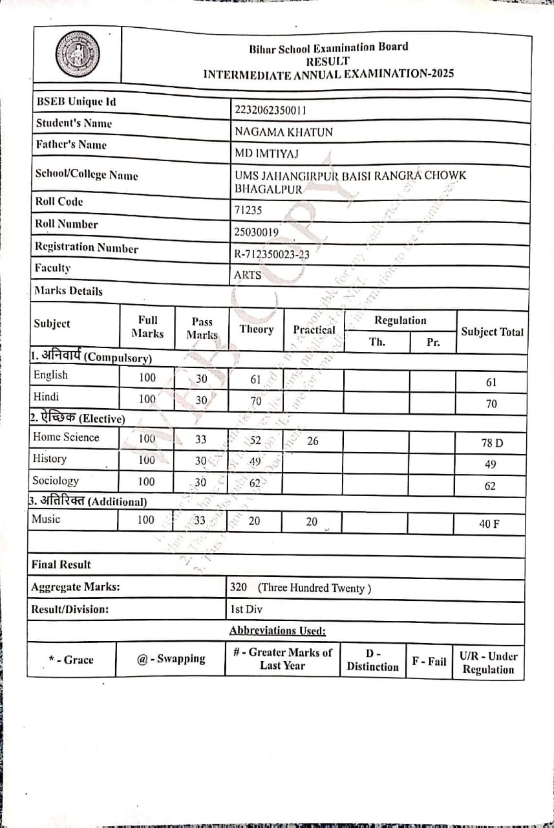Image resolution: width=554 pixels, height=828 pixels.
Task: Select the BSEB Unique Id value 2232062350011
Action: click(x=270, y=110)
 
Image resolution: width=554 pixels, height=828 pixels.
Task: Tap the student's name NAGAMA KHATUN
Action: click(x=284, y=132)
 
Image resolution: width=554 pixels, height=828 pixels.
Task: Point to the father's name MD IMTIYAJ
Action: click(x=266, y=153)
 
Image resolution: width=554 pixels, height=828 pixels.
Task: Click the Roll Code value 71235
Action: click(x=248, y=210)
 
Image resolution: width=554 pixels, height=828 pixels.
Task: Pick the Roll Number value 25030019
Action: click(x=257, y=232)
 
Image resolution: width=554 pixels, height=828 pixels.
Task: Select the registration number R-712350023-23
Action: click(x=272, y=254)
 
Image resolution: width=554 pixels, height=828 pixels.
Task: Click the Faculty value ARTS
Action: click(x=248, y=275)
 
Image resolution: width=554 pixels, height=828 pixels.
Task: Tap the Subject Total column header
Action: click(x=492, y=332)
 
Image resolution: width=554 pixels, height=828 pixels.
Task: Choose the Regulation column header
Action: click(x=400, y=321)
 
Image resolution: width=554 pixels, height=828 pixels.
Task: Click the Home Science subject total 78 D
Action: click(x=491, y=443)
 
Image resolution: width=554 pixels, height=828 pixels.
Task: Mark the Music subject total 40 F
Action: click(x=489, y=524)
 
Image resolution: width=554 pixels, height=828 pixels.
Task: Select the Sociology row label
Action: click(x=56, y=481)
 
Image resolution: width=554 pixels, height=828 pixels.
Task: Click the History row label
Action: click(x=50, y=459)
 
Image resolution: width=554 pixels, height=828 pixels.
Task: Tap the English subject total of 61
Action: click(x=491, y=382)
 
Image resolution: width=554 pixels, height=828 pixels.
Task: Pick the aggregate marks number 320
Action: click(x=239, y=588)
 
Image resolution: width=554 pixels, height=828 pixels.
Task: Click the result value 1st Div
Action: click(x=246, y=609)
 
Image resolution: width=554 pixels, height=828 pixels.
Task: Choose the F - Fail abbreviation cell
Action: click(x=429, y=661)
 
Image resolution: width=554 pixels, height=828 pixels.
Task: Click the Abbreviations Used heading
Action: click(x=277, y=631)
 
